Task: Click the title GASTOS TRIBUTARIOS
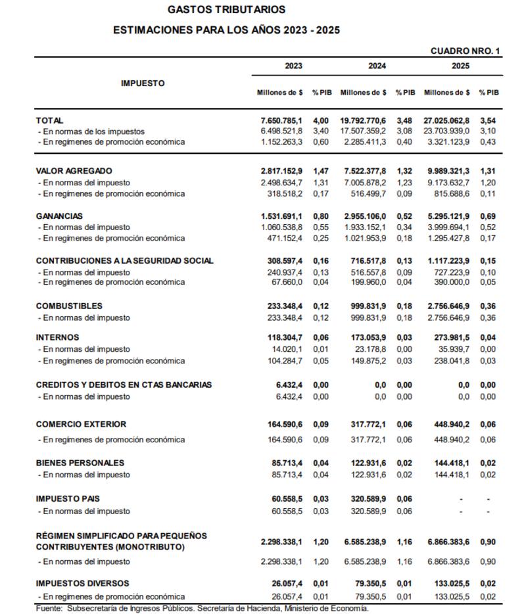point(227,10)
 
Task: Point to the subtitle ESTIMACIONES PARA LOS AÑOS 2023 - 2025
point(227,30)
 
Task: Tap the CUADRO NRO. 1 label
point(466,51)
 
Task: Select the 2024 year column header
point(377,66)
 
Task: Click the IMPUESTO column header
point(143,83)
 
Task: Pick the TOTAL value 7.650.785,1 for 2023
point(281,121)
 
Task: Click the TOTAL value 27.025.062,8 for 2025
point(447,121)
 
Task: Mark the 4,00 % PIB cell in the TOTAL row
point(320,121)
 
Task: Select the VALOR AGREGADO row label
point(74,171)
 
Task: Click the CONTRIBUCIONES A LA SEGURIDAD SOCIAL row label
point(125,261)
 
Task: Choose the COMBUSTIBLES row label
point(69,306)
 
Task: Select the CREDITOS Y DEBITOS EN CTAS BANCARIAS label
point(124,385)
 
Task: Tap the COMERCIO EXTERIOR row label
point(81,425)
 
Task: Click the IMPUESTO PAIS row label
point(68,499)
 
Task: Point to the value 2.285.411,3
point(365,142)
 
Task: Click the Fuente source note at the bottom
point(202,609)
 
